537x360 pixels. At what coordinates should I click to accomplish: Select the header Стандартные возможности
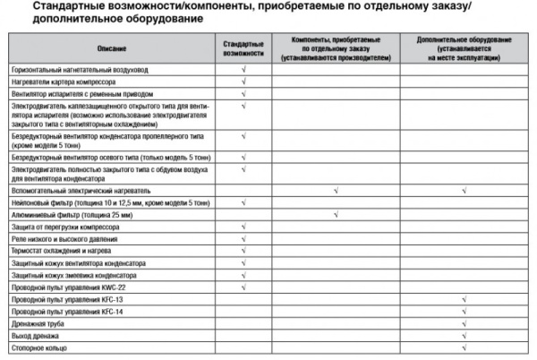click(243, 47)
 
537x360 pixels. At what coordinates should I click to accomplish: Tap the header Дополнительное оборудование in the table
click(463, 47)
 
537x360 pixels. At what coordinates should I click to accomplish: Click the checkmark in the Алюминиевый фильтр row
click(334, 214)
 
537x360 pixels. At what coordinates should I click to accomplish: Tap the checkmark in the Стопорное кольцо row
click(464, 347)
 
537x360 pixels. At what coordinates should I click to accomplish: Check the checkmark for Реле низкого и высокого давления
click(243, 238)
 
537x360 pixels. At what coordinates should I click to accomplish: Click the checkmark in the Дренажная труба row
click(464, 322)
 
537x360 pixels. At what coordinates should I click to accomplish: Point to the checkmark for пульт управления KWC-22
click(243, 287)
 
